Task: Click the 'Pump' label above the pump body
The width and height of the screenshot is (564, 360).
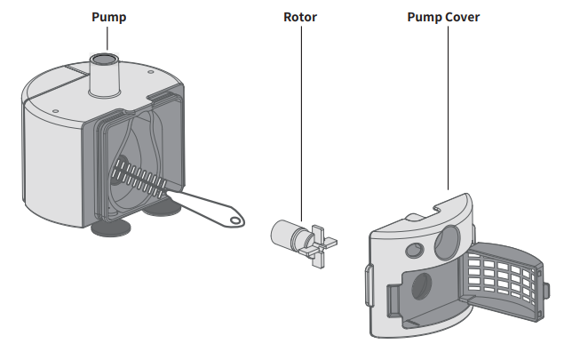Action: coord(108,17)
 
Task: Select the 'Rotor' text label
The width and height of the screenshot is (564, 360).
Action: coord(300,17)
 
